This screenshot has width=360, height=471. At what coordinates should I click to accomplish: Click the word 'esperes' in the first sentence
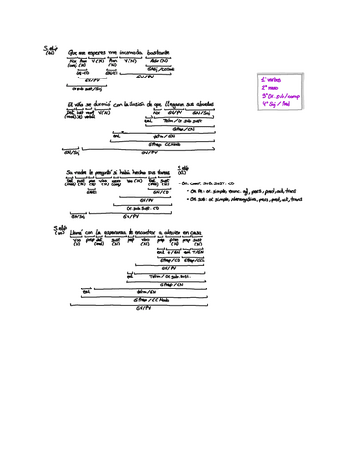tap(93, 53)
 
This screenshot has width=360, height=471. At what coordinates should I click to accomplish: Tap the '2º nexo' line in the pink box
tap(271, 86)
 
